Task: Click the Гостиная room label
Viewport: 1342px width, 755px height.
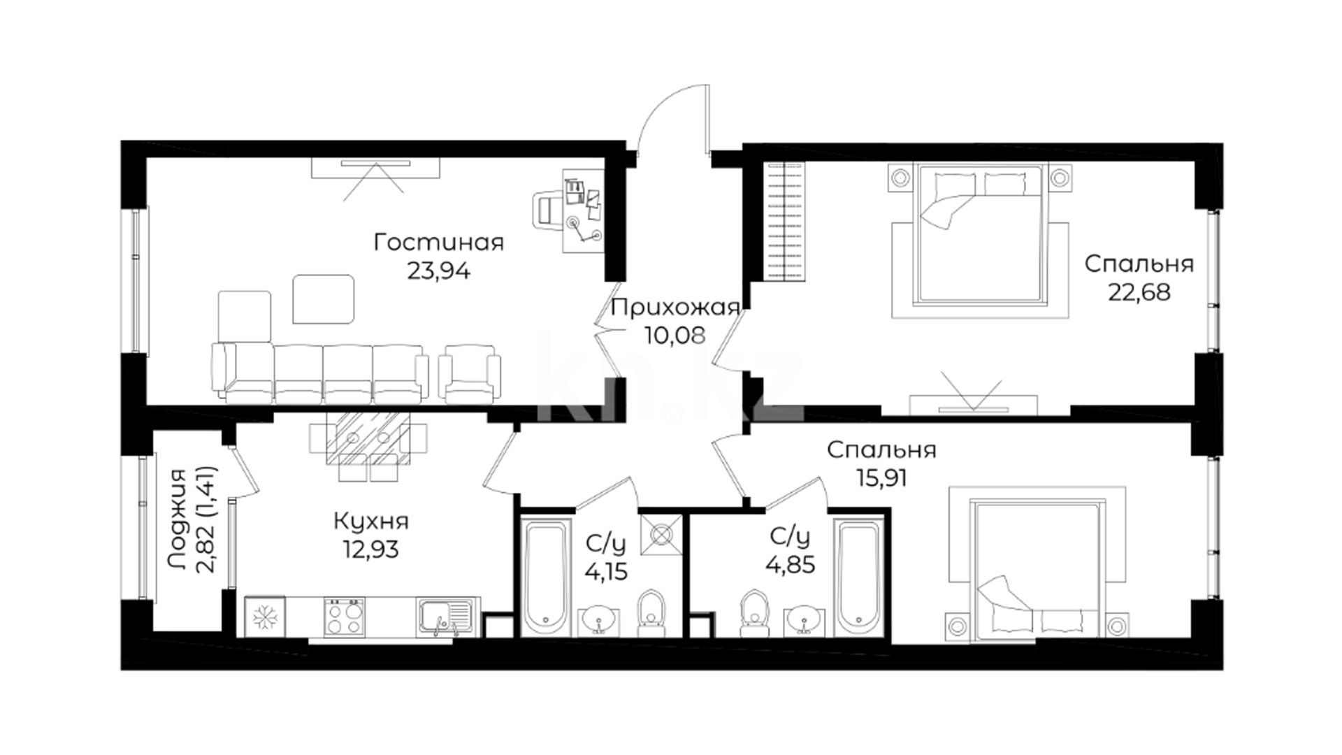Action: (x=438, y=243)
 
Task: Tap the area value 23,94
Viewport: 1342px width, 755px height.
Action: (x=438, y=271)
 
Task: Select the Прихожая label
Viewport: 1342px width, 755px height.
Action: (x=675, y=308)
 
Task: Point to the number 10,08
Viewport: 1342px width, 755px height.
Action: (x=675, y=336)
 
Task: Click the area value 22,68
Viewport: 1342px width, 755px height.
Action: (x=1139, y=292)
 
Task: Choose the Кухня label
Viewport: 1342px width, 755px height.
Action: (x=371, y=522)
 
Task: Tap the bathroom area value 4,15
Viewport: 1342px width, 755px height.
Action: (x=606, y=572)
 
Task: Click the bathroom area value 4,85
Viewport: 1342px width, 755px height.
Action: (x=791, y=563)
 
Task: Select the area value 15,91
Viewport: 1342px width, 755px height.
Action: (x=881, y=478)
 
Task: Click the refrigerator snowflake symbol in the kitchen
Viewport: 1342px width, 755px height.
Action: (x=265, y=617)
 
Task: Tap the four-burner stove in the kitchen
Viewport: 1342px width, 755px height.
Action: (x=345, y=616)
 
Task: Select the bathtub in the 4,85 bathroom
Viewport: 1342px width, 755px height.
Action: (x=861, y=576)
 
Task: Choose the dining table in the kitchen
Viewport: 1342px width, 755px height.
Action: (x=368, y=438)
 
